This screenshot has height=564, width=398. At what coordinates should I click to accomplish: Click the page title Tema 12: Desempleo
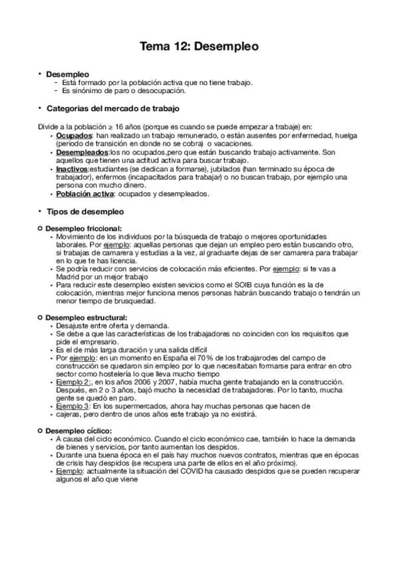[x=199, y=47]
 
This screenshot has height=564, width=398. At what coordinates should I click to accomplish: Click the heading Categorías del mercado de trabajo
[x=112, y=108]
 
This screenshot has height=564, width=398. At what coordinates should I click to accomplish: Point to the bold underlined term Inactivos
[x=72, y=170]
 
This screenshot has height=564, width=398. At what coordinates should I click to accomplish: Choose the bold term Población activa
[x=85, y=194]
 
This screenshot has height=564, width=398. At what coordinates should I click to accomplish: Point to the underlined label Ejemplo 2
[x=73, y=382]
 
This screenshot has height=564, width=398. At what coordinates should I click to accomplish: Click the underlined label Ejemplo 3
[x=73, y=406]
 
